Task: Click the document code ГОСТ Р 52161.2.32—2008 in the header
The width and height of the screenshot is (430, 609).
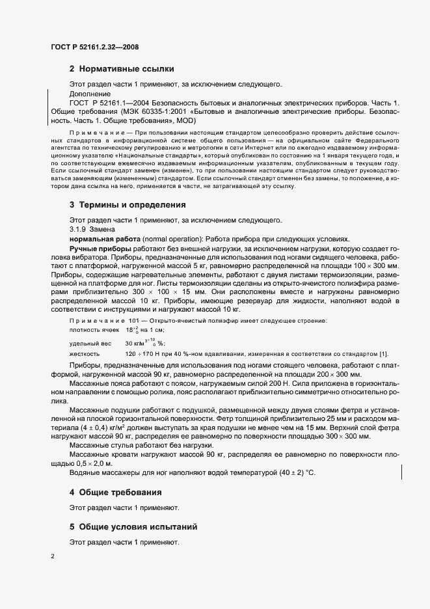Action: (94, 47)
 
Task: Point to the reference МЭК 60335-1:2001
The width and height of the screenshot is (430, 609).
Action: (185, 112)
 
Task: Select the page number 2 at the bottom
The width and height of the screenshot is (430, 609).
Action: (53, 556)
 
